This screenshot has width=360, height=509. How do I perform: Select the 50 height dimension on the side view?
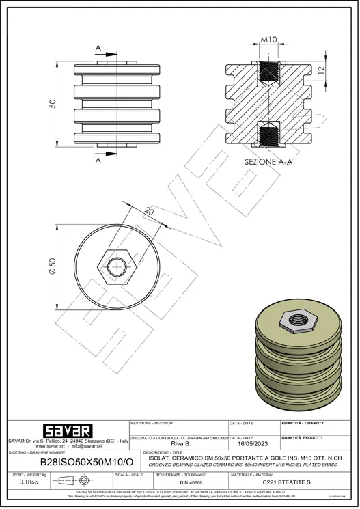click(51, 102)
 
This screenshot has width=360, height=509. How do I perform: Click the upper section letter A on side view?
click(99, 47)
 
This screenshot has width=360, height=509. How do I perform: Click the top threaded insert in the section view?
click(268, 70)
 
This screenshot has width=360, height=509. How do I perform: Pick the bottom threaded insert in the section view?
click(268, 135)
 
